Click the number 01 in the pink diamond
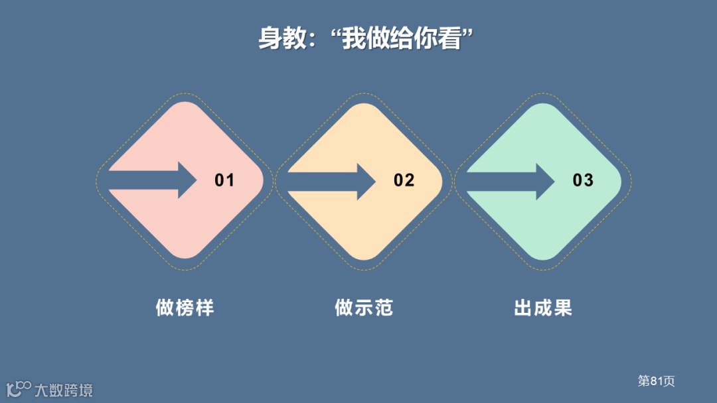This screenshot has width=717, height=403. pyautogui.click(x=224, y=180)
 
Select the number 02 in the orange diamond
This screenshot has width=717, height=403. pyautogui.click(x=404, y=180)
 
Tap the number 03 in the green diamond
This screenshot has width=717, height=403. pyautogui.click(x=583, y=180)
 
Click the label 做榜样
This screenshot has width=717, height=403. pyautogui.click(x=185, y=308)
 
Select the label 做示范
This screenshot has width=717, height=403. pyautogui.click(x=364, y=308)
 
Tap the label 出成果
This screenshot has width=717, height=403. pyautogui.click(x=543, y=308)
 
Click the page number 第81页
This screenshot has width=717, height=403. pyautogui.click(x=656, y=381)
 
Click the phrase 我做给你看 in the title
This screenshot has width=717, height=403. pyautogui.click(x=402, y=38)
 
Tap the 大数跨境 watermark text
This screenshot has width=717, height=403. pyautogui.click(x=64, y=390)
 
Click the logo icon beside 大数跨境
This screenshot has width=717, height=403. pyautogui.click(x=19, y=388)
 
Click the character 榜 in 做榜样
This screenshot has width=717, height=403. pyautogui.click(x=185, y=308)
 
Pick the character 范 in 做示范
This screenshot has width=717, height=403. pyautogui.click(x=383, y=308)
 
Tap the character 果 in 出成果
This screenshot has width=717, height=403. pyautogui.click(x=562, y=308)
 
